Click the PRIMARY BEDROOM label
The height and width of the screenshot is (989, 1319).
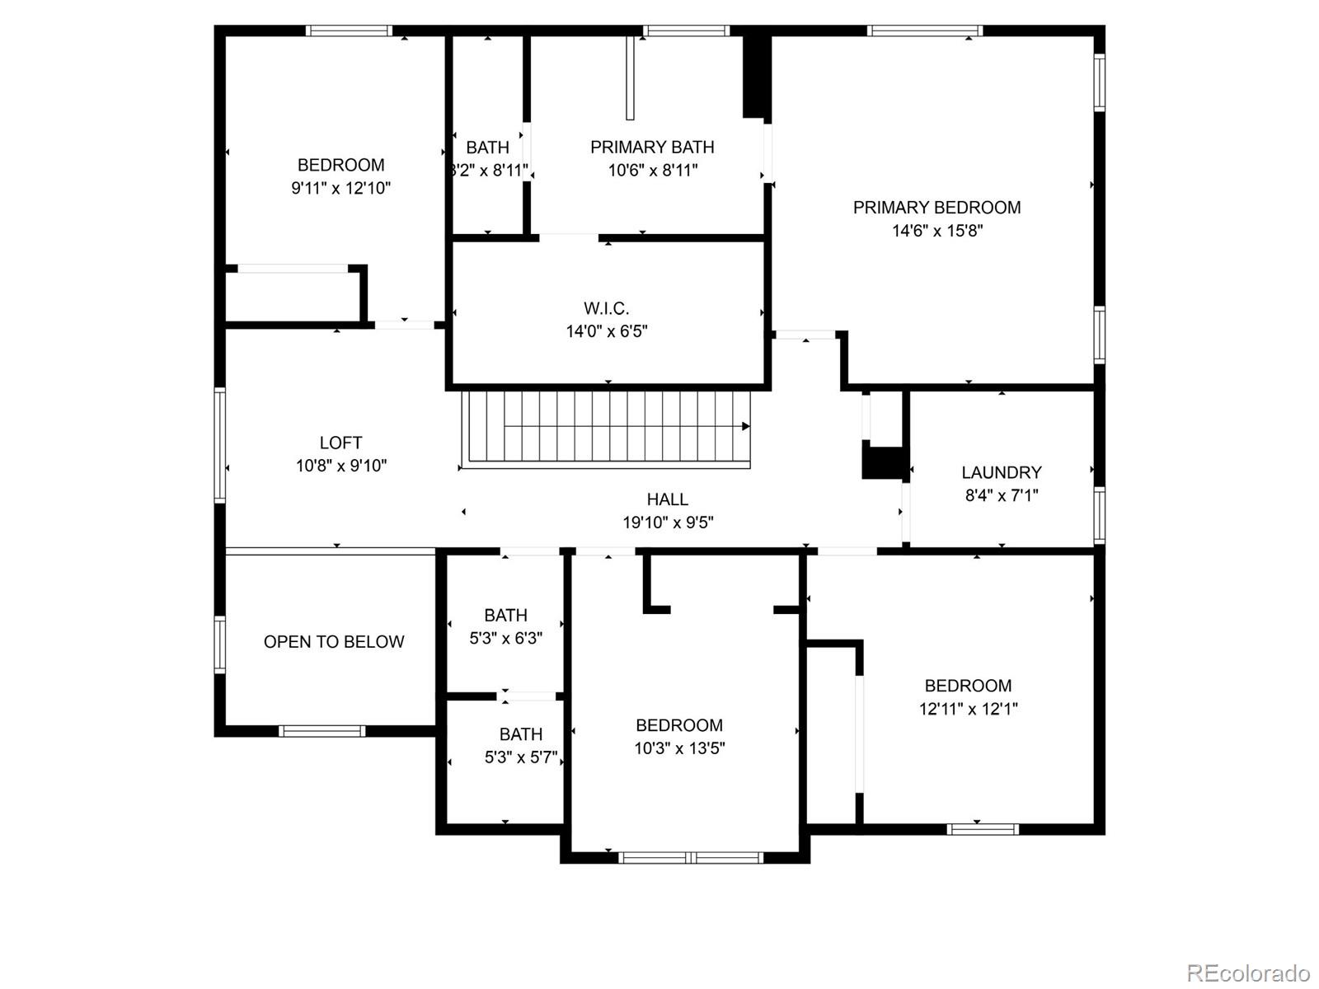[936, 208]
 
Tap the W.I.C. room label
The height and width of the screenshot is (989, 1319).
[607, 308]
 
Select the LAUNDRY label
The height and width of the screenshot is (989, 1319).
[1002, 472]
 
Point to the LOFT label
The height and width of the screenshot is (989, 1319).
[340, 443]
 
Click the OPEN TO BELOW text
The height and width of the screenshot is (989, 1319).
[334, 642]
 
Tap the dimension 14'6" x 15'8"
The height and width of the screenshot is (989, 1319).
[936, 231]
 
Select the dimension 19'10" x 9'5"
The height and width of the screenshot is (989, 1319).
[668, 523]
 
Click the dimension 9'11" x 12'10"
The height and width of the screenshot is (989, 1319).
[340, 188]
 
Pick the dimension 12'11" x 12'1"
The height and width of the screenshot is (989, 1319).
[968, 709]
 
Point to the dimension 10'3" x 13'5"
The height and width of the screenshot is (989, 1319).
[679, 748]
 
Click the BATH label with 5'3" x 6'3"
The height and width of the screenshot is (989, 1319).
[505, 616]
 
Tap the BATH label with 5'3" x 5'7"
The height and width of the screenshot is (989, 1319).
[520, 734]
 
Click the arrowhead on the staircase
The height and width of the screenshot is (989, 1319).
[745, 426]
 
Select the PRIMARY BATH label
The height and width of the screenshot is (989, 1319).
[652, 148]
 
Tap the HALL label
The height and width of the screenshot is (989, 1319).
[668, 499]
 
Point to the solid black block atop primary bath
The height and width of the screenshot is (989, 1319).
[756, 77]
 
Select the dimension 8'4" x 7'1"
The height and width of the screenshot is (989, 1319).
[1002, 495]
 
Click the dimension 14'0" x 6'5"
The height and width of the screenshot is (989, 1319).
[607, 331]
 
